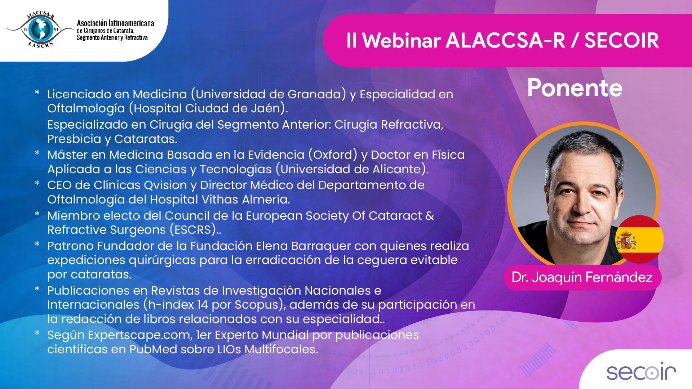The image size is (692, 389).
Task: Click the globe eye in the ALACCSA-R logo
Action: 40,29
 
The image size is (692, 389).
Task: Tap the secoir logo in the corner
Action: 641,371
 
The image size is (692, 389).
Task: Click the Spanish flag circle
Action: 639,240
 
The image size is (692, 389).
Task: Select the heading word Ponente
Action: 575,88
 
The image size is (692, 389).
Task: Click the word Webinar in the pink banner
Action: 401,40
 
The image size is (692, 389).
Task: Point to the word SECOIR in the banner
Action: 621,40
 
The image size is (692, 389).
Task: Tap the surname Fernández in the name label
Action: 619,277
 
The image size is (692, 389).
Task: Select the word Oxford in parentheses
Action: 333,155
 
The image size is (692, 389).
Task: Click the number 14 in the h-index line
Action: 203,305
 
